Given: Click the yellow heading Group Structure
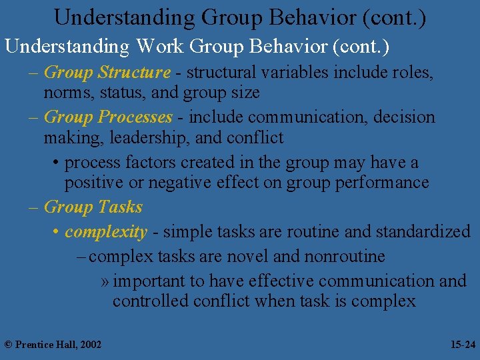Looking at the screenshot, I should pos(107,72).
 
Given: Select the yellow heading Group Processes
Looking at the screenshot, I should pos(108,117).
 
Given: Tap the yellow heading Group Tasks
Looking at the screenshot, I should pos(93,207).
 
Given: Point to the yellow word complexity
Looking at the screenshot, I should pos(106,232).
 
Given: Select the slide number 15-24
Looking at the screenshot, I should pos(463,345).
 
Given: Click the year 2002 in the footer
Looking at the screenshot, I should pos(90,345).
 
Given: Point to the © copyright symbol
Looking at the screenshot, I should pos(8,345).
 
